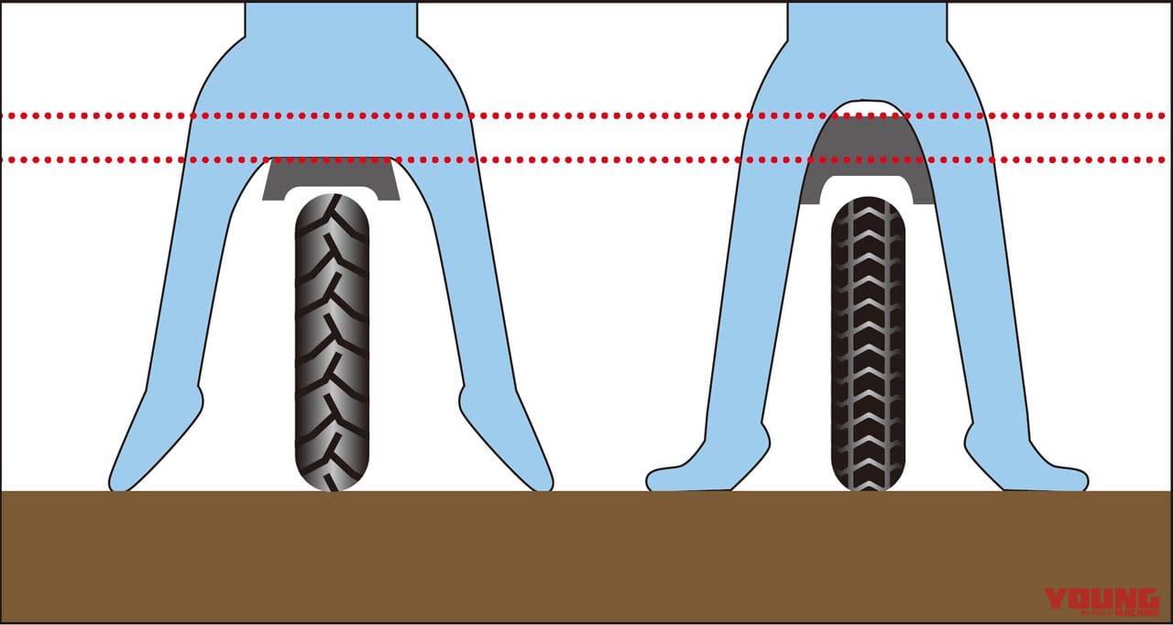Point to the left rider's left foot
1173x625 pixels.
click(137, 467)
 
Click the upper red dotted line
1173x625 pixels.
click(586, 116)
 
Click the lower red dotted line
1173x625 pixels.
click(586, 160)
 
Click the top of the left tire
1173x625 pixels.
click(332, 200)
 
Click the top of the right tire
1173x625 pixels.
click(868, 203)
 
